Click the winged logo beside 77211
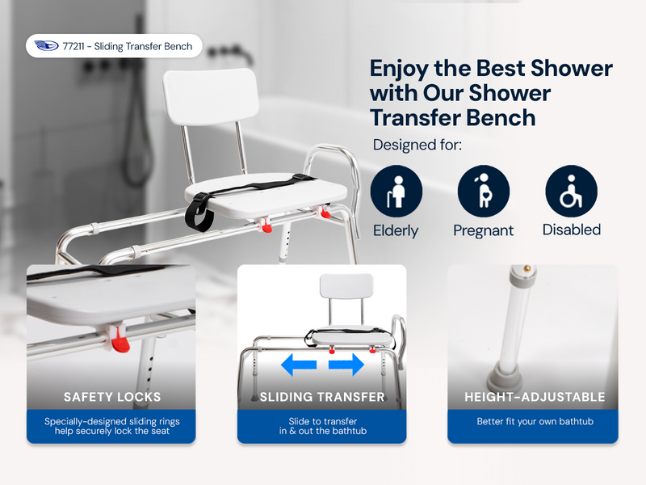pyautogui.click(x=46, y=45)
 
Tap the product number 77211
pyautogui.click(x=73, y=46)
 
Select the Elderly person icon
pyautogui.click(x=396, y=191)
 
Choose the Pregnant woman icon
pyautogui.click(x=484, y=191)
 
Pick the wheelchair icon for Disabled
pyautogui.click(x=572, y=191)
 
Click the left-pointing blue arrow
pyautogui.click(x=299, y=365)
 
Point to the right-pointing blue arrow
pyautogui.click(x=346, y=365)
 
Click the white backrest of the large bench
pyautogui.click(x=211, y=96)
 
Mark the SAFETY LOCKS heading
pyautogui.click(x=112, y=397)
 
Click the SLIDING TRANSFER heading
pyautogui.click(x=322, y=397)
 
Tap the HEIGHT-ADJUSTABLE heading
pyautogui.click(x=535, y=397)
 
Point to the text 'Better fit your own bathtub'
pyautogui.click(x=535, y=421)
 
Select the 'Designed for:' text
pyautogui.click(x=417, y=145)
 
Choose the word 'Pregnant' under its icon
pyautogui.click(x=483, y=230)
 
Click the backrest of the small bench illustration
pyautogui.click(x=346, y=286)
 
